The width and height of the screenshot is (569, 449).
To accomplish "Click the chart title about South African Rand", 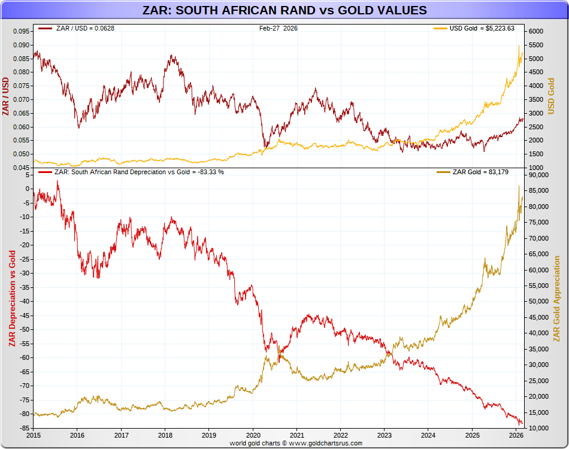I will tap(284, 10).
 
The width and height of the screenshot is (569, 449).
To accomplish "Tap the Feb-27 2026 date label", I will tap(279, 28).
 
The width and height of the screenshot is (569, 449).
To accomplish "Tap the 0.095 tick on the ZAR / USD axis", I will tap(20, 31).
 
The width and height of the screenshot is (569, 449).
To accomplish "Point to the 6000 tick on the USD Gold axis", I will tap(535, 31).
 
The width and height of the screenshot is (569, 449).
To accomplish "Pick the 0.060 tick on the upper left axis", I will tap(20, 127).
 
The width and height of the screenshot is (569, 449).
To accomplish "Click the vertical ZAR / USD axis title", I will tap(6, 96).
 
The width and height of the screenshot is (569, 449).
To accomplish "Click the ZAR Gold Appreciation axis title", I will tap(557, 299).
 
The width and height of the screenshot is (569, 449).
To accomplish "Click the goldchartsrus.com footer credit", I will tap(296, 443).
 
